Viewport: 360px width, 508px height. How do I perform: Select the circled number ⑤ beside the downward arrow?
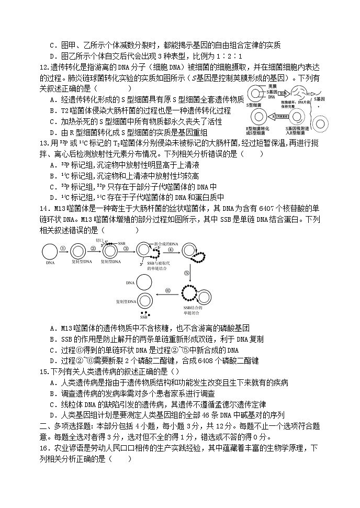pyautogui.click(x=186, y=273)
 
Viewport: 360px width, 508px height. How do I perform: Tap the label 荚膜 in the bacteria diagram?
pyautogui.click(x=272, y=86)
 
